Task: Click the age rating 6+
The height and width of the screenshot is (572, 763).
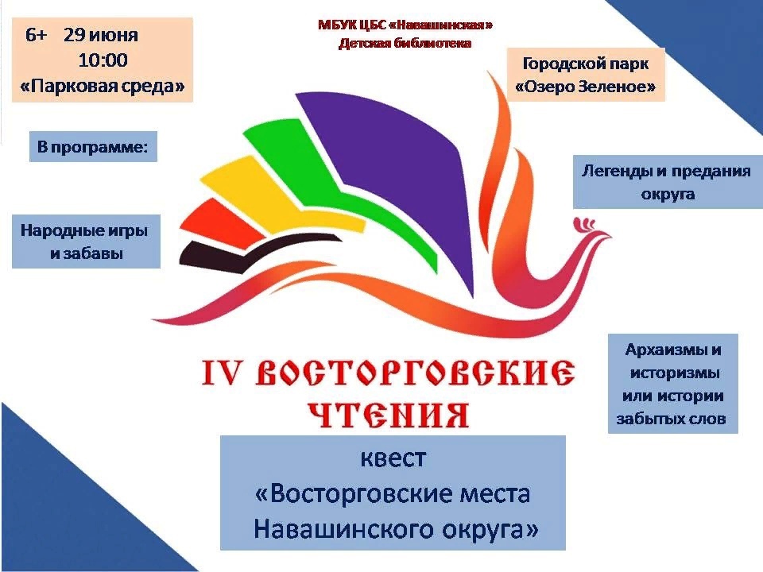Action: click(36, 35)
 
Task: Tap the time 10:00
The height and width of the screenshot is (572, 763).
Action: click(103, 60)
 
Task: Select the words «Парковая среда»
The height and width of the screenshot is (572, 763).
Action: click(103, 86)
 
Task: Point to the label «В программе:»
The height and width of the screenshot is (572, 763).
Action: click(92, 146)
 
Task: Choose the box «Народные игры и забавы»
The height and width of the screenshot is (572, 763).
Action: click(86, 242)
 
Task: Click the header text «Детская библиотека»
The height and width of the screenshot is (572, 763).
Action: click(405, 43)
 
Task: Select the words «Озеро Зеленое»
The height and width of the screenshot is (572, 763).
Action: click(586, 87)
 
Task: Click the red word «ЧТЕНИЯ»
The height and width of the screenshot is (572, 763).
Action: click(389, 415)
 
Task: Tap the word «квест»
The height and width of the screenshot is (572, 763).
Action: click(393, 458)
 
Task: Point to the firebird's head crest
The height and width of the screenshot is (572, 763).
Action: click(586, 224)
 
